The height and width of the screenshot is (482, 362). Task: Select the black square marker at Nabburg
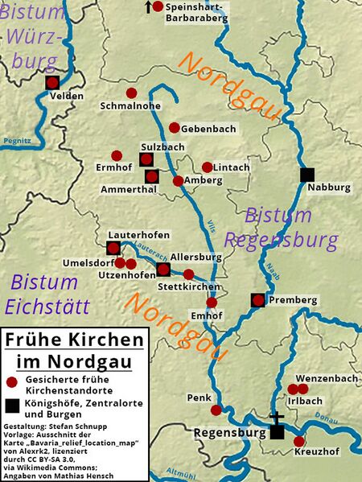[306, 174]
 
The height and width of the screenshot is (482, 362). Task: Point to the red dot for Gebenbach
[175, 127]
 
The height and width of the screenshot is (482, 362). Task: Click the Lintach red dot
[208, 167]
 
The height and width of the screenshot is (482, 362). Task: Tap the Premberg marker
[257, 300]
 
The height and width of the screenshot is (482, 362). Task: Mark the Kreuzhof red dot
[299, 441]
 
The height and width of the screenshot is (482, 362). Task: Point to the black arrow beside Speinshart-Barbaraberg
[146, 7]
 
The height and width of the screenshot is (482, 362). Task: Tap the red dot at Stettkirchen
[189, 274]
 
